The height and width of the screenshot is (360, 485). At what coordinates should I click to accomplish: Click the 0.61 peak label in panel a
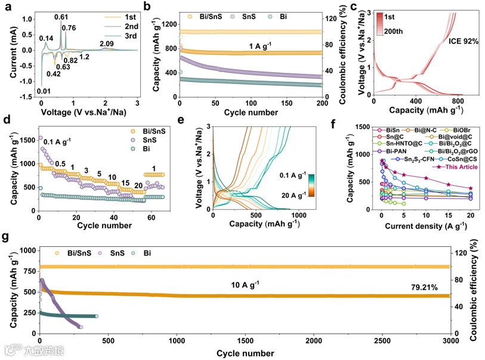pyautogui.click(x=60, y=17)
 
